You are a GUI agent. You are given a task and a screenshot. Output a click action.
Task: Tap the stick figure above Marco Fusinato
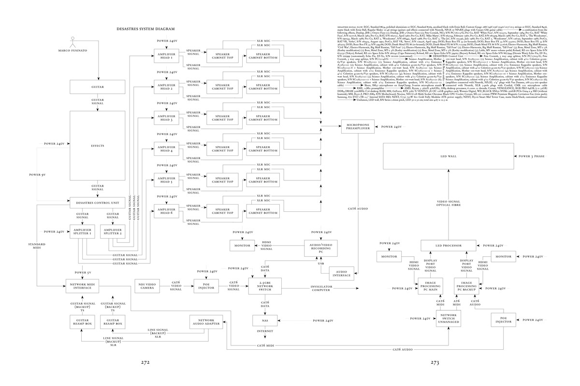tap(73, 41)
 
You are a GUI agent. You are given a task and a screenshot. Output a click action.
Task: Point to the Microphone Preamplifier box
tap(357, 127)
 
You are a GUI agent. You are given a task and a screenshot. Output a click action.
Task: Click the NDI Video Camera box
tap(145, 286)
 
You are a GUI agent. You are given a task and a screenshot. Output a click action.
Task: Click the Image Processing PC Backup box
tap(466, 286)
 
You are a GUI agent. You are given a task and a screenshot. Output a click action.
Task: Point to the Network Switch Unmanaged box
tap(449, 319)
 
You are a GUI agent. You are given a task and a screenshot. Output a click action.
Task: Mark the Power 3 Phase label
tap(532, 157)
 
